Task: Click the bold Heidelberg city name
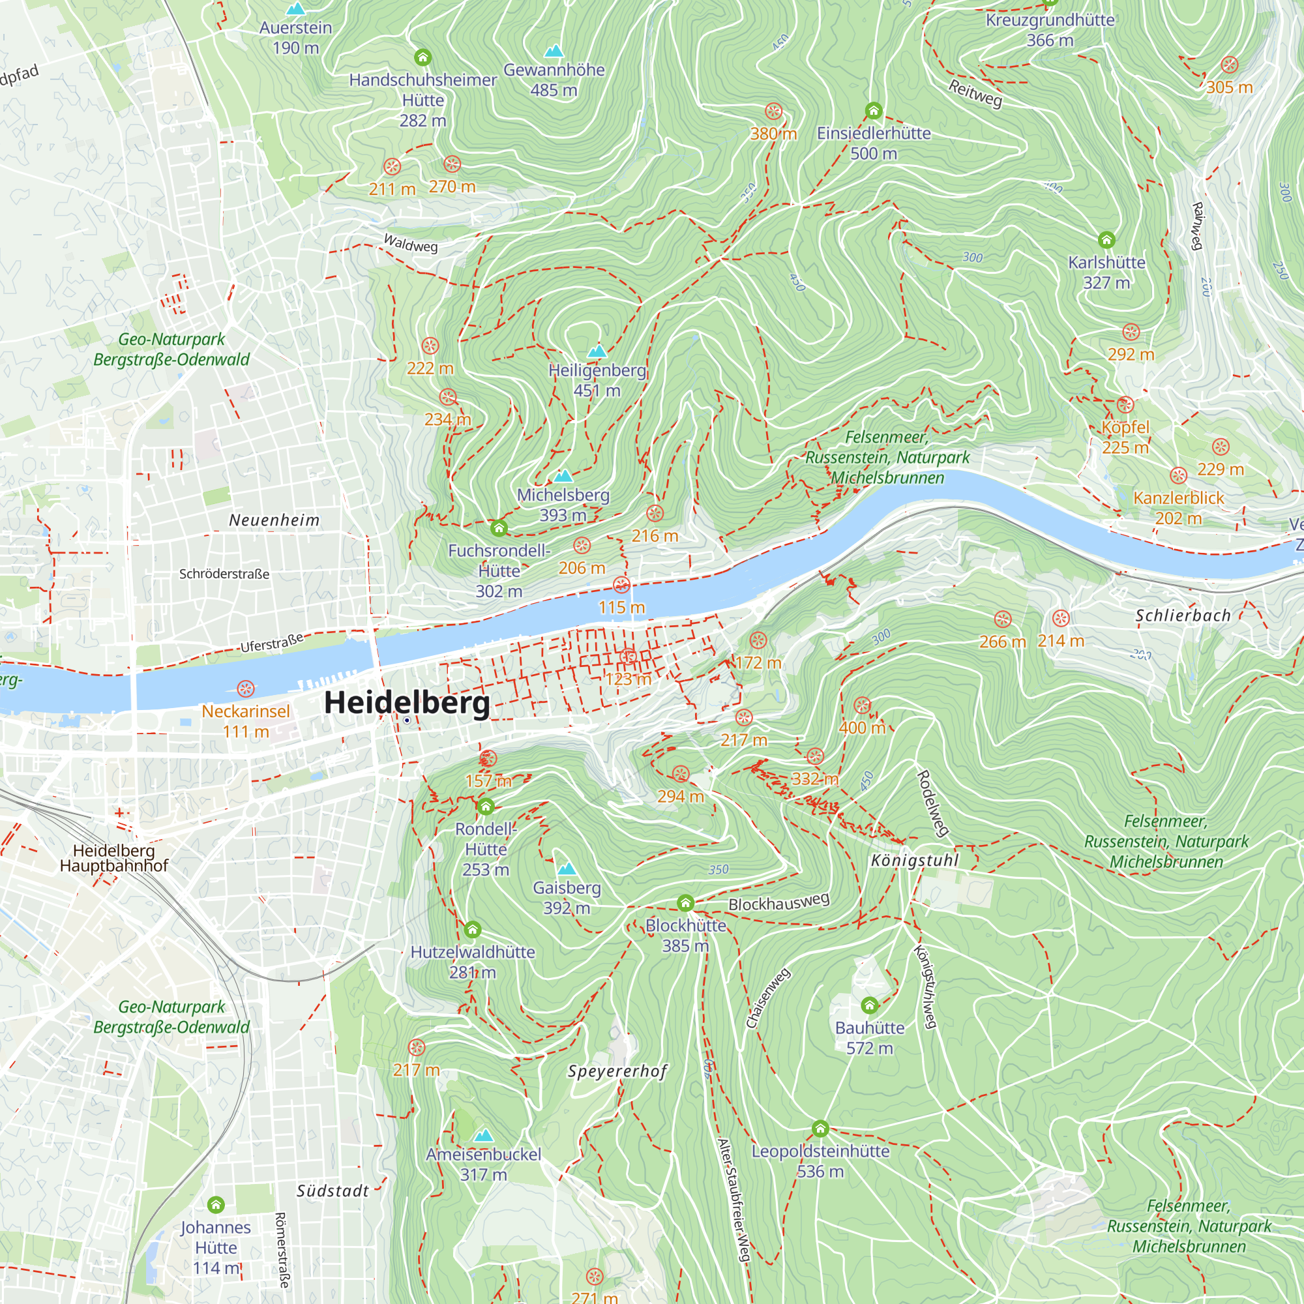coord(407,703)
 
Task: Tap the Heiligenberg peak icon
coord(597,351)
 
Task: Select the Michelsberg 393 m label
coord(563,505)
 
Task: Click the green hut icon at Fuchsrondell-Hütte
coord(499,528)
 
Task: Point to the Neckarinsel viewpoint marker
coord(246,689)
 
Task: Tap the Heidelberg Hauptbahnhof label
coord(113,858)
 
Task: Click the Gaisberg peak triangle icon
coord(567,868)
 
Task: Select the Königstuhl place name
coord(915,861)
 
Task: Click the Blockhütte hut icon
coord(685,903)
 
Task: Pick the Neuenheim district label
coord(274,520)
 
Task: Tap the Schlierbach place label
coord(1183,615)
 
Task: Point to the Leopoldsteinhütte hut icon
coord(820,1129)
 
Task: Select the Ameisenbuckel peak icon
coord(483,1135)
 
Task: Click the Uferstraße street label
coord(271,643)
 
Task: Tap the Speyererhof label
coord(617,1071)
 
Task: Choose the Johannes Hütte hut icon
coord(215,1205)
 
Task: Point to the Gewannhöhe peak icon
coord(554,51)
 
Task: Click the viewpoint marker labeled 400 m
coord(862,706)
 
